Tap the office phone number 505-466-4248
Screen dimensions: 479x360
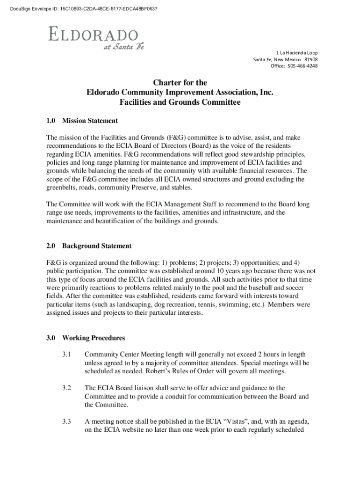(x=302, y=66)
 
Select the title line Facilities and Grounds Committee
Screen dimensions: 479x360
(x=180, y=102)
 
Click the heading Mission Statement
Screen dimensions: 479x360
(x=90, y=121)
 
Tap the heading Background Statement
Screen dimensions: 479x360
(x=97, y=246)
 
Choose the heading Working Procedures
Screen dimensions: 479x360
(x=93, y=338)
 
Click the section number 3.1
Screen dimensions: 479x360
(x=66, y=355)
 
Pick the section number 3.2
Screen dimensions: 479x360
(x=66, y=388)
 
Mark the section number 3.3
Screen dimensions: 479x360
(x=66, y=422)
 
